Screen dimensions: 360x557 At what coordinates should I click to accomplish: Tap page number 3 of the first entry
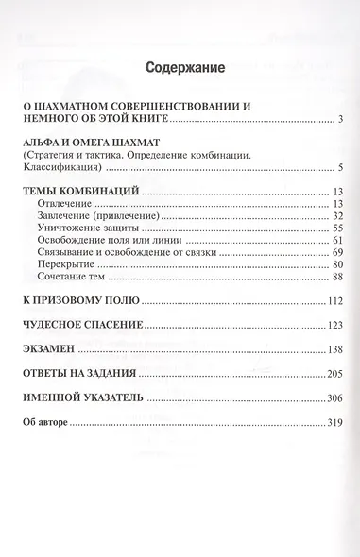(x=338, y=120)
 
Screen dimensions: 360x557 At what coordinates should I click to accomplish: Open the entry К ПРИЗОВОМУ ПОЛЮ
(x=80, y=301)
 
